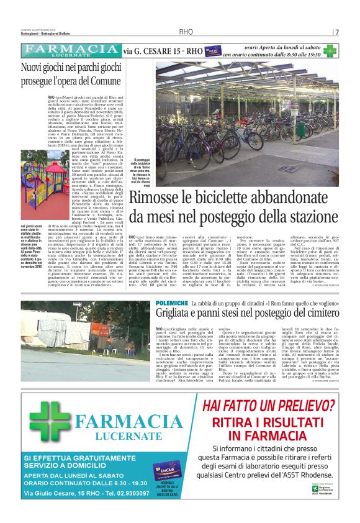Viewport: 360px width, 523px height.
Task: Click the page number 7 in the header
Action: (x=337, y=32)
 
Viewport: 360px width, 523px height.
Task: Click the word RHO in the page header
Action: (x=186, y=32)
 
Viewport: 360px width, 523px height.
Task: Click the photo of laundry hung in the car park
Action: (x=76, y=340)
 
